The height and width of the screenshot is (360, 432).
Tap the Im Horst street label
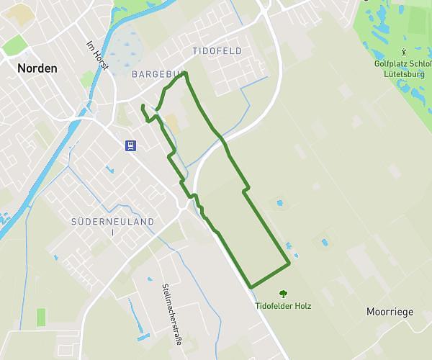pyautogui.click(x=96, y=55)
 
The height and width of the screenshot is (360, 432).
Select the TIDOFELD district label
pyautogui.click(x=217, y=51)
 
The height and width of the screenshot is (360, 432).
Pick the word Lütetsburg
pyautogui.click(x=405, y=73)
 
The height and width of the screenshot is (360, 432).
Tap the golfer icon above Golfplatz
pyautogui.click(x=405, y=52)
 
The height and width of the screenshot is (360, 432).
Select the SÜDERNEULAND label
pyautogui.click(x=113, y=222)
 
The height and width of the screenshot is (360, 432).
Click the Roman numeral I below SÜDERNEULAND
pyautogui.click(x=113, y=233)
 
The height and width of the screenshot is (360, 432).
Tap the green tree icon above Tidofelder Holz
pyautogui.click(x=283, y=293)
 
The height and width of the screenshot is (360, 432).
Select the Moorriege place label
pyautogui.click(x=390, y=312)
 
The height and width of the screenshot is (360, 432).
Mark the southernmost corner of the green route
pyautogui.click(x=251, y=287)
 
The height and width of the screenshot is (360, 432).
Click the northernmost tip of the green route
pyautogui.click(x=186, y=73)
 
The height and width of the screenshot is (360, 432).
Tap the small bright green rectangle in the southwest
pyautogui.click(x=41, y=317)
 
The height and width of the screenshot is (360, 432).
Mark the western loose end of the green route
pyautogui.click(x=143, y=107)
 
